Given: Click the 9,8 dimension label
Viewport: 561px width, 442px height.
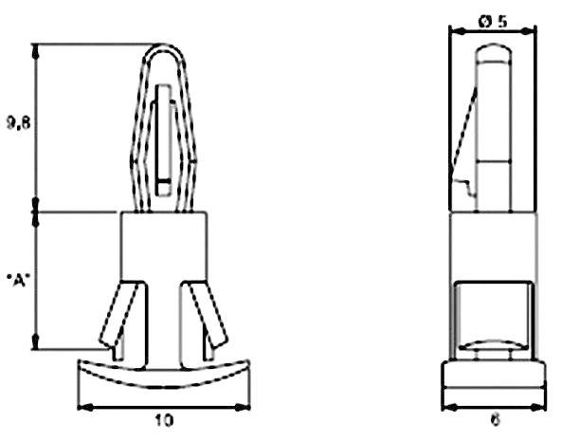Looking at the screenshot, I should point(16,125).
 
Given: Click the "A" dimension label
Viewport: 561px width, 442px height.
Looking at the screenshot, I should point(16,281).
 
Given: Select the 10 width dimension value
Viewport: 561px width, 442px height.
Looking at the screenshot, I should point(162,418).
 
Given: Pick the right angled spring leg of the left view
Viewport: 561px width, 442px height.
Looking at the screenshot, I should point(208,313).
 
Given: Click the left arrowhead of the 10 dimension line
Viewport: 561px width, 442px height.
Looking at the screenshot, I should point(81,408).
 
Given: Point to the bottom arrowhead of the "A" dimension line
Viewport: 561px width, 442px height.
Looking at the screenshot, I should point(38,345).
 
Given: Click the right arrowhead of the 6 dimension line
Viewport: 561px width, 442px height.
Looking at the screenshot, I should point(545,408).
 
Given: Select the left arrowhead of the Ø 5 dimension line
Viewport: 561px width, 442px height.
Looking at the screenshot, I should point(452,28).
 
